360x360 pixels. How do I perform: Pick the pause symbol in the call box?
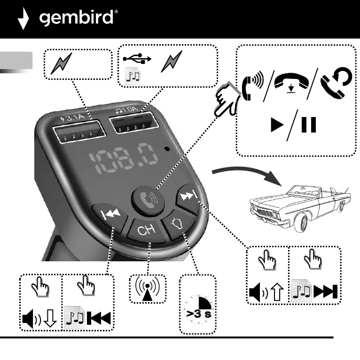click(x=308, y=125)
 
